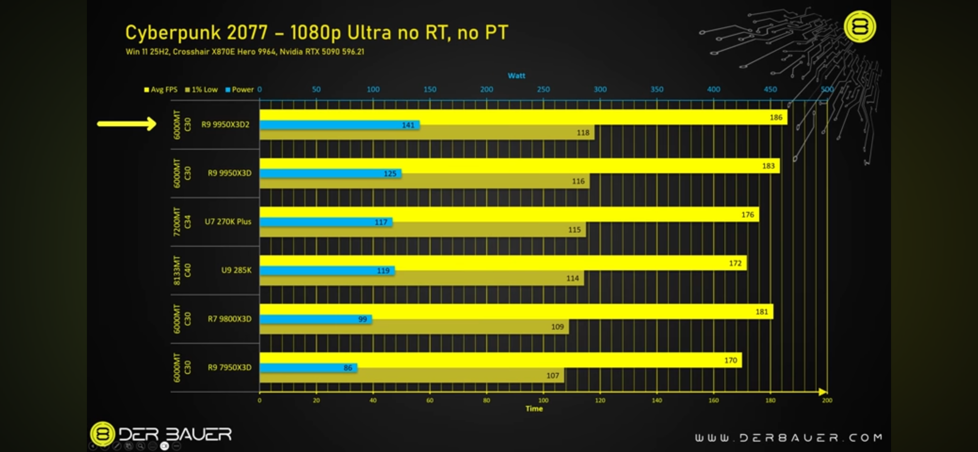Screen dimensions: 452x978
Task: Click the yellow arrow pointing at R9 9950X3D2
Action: pyautogui.click(x=127, y=124)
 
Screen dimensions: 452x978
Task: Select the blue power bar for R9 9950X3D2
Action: pyautogui.click(x=339, y=125)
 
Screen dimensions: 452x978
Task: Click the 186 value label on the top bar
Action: pyautogui.click(x=776, y=117)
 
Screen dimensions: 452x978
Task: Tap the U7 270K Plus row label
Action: pyautogui.click(x=228, y=222)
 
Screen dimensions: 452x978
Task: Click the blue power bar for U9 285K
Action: pyautogui.click(x=327, y=270)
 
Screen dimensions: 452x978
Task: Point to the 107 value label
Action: pyautogui.click(x=553, y=376)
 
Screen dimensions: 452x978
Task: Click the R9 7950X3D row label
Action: pyautogui.click(x=229, y=367)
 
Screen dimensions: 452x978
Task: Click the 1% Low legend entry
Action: pyautogui.click(x=202, y=90)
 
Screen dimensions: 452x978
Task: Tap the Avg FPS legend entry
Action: pyautogui.click(x=161, y=90)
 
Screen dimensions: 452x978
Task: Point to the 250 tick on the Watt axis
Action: pyautogui.click(x=543, y=89)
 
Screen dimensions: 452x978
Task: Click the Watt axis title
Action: pyautogui.click(x=516, y=76)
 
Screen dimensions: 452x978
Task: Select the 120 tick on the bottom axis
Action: pyautogui.click(x=600, y=401)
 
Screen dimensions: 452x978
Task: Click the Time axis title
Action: pyautogui.click(x=534, y=409)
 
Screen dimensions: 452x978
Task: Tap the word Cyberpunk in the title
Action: pyautogui.click(x=172, y=33)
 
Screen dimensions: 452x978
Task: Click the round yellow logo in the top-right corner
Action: pyautogui.click(x=859, y=27)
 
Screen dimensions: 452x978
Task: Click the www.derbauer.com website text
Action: pyautogui.click(x=788, y=437)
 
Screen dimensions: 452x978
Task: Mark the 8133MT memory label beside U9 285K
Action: pyautogui.click(x=177, y=270)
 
